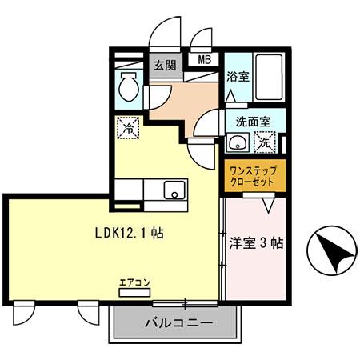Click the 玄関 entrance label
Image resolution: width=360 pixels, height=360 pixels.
pyautogui.click(x=164, y=66)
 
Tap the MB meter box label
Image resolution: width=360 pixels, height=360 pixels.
pyautogui.click(x=204, y=58)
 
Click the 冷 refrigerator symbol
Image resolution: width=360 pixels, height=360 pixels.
pyautogui.click(x=128, y=126)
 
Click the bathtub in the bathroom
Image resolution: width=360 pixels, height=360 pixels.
pyautogui.click(x=263, y=76)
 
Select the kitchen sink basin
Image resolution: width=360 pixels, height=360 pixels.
pyautogui.click(x=174, y=190)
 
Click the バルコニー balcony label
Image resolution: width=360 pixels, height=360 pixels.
pyautogui.click(x=178, y=324)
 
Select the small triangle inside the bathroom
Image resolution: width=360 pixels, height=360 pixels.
pyautogui.click(x=230, y=94)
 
